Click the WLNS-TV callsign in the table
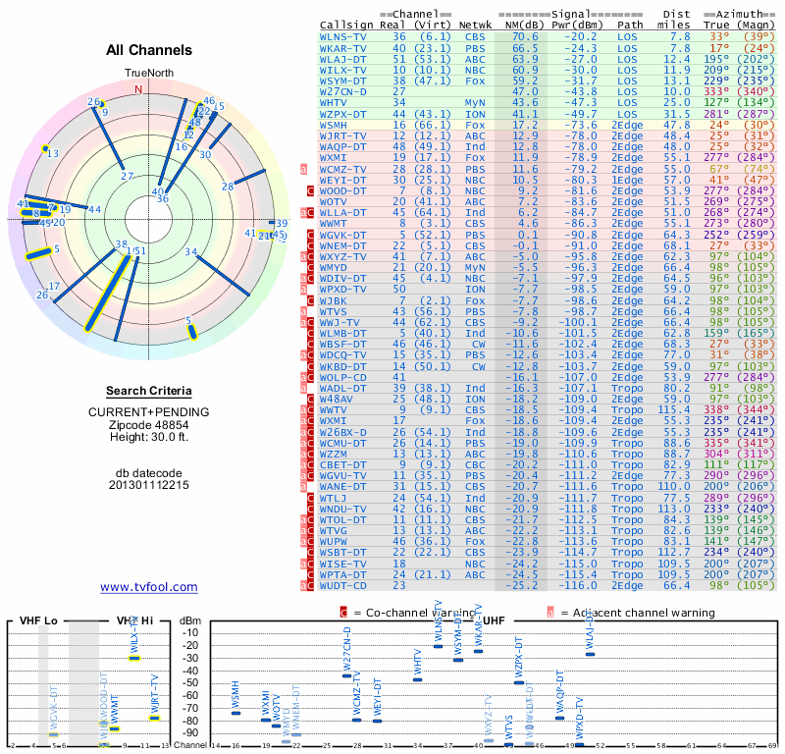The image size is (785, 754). coord(343,36)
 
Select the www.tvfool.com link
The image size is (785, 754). coord(148,587)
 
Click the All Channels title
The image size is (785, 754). coord(149,50)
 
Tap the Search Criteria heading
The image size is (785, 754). coord(148,391)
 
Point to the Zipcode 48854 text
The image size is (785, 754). coord(148,424)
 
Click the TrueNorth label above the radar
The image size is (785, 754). coord(147,74)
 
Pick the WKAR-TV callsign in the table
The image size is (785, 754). coord(343,47)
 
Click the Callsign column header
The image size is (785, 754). coord(346,25)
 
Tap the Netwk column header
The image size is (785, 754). coord(476,25)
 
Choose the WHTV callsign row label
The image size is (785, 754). coord(334,102)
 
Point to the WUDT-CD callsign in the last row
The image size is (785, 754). coord(343,585)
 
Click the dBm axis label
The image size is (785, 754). coord(189,620)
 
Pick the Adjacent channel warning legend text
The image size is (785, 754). coord(635,612)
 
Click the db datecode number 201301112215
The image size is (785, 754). coord(148,485)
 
